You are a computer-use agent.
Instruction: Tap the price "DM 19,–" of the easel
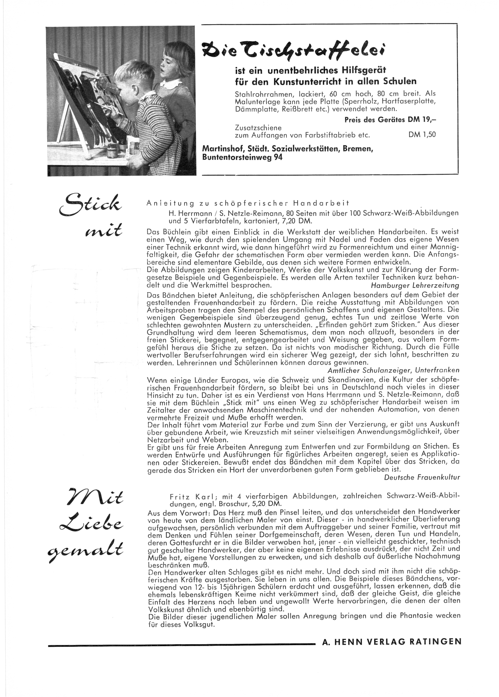(422, 120)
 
